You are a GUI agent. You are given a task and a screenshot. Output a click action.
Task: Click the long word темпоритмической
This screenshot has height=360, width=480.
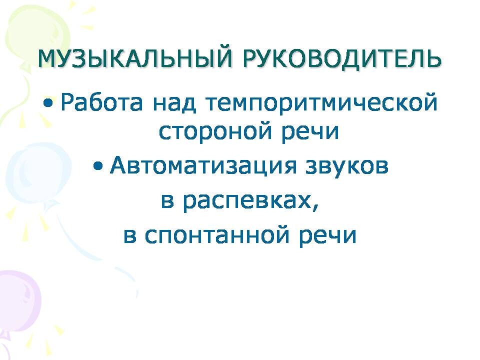point(321,103)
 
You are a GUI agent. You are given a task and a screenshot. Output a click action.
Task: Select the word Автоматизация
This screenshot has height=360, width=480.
point(203,165)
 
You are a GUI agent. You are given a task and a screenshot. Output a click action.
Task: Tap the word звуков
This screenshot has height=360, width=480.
point(347,166)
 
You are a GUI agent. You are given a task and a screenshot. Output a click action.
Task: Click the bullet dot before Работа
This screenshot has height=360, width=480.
point(48,103)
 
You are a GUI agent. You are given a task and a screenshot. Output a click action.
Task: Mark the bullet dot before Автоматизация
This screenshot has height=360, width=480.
point(97,166)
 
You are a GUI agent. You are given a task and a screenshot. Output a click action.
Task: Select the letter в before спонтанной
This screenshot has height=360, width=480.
point(129,235)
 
